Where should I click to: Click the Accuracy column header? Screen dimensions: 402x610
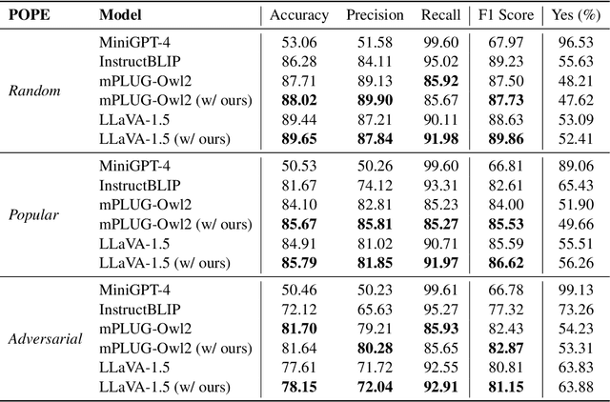[x=298, y=16]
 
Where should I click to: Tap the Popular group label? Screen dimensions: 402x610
[x=35, y=215]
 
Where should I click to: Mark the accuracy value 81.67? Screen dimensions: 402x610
[x=298, y=184]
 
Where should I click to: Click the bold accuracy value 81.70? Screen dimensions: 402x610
[x=298, y=328]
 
